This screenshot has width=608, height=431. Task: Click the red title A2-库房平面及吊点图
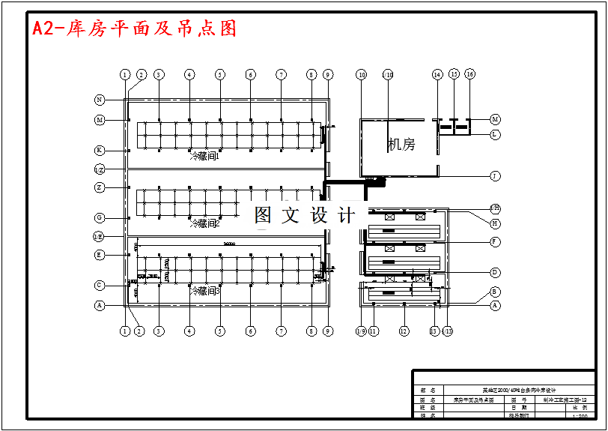(x=135, y=28)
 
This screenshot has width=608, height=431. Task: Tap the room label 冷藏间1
(x=204, y=157)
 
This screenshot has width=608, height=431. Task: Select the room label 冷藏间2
(x=204, y=223)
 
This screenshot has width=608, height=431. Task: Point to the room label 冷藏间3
(x=204, y=290)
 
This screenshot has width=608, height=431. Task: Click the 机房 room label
(x=401, y=145)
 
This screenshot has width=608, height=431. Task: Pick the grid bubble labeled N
(x=100, y=100)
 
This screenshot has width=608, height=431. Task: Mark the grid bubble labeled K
(x=100, y=150)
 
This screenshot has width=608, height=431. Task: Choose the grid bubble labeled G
(x=100, y=217)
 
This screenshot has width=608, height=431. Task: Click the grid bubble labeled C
(x=100, y=285)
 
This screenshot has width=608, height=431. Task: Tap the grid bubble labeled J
(x=495, y=176)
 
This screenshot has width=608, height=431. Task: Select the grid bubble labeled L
(x=495, y=134)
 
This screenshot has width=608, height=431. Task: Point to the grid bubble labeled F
(x=495, y=241)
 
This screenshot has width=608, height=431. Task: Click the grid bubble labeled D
(x=495, y=272)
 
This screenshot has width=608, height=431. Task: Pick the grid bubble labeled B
(x=495, y=291)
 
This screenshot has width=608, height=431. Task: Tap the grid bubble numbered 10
(x=362, y=75)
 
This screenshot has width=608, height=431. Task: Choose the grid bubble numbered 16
(x=469, y=74)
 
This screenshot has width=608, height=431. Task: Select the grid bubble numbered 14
(x=437, y=75)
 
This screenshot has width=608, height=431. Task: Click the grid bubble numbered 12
(x=404, y=331)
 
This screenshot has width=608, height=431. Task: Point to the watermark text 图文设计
(x=305, y=216)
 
